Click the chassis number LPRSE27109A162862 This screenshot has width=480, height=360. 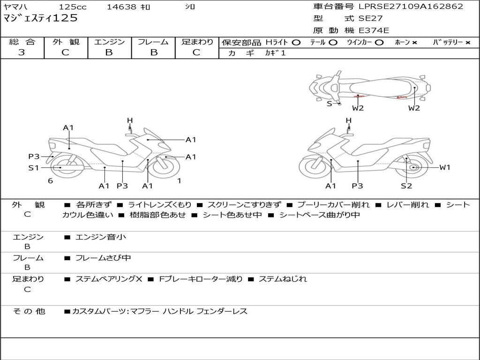tap(411, 7)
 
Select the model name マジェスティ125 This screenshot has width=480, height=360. tap(40, 18)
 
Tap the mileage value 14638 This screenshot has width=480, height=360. tap(121, 7)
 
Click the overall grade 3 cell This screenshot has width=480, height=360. tap(22, 52)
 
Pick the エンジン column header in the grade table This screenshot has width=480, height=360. tap(109, 42)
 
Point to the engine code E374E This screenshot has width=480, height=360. tap(374, 30)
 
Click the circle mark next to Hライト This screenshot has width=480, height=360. tap(296, 42)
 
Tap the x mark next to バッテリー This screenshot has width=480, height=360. tap(467, 42)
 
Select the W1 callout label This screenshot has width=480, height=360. tap(444, 167)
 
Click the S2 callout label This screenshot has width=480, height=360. tap(406, 186)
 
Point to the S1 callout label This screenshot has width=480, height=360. tap(33, 167)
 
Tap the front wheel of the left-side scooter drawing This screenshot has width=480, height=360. tap(165, 167)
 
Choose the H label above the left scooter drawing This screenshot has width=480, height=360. tap(130, 120)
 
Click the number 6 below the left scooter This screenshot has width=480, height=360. tap(50, 180)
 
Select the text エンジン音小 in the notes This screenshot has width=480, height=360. tap(100, 237)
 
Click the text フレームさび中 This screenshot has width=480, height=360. tap(103, 258)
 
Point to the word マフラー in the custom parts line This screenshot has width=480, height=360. tap(144, 311)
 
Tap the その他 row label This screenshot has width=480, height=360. tap(29, 311)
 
